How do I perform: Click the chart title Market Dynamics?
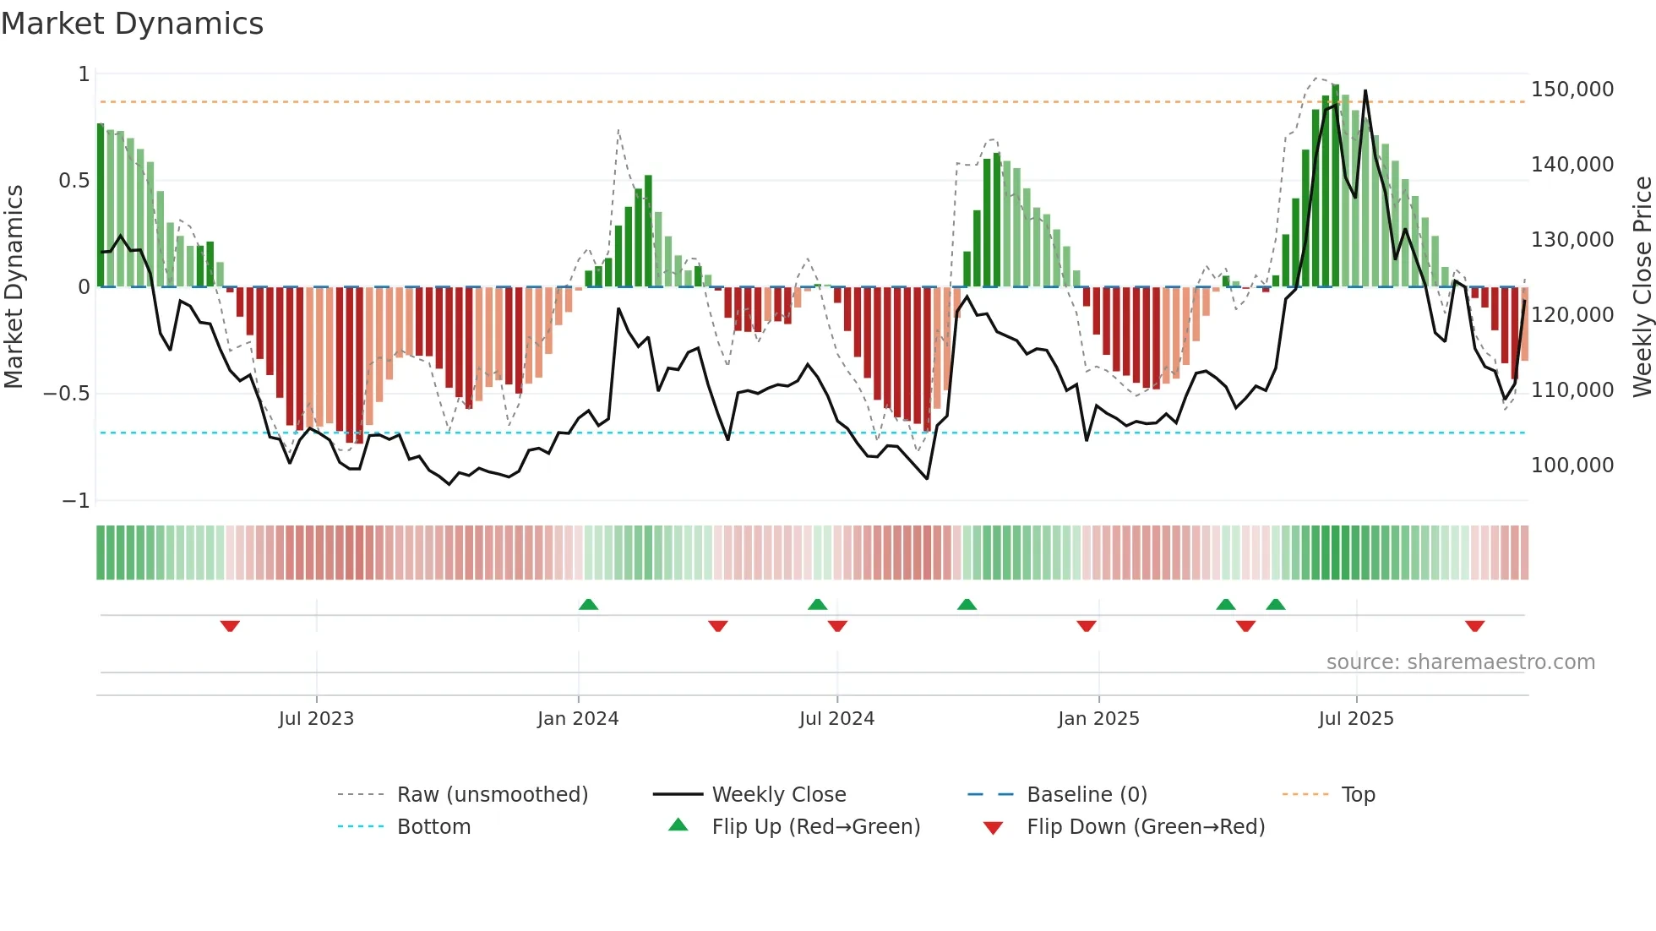[133, 24]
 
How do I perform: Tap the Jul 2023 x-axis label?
[316, 718]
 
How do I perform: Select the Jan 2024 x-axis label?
[578, 718]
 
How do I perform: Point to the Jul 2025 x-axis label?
[1355, 718]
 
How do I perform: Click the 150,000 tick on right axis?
[1572, 90]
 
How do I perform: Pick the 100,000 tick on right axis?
[1572, 465]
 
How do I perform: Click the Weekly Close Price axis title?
[1642, 287]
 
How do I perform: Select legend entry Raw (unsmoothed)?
[492, 794]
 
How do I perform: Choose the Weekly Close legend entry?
[778, 794]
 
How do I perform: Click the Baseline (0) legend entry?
[1087, 794]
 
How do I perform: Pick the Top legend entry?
[1358, 794]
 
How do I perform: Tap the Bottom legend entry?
[433, 826]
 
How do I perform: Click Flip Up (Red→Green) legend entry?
[815, 826]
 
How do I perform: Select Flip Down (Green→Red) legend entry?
[1145, 826]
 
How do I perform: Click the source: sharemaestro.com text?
[1460, 661]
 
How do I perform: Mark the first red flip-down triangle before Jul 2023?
[230, 626]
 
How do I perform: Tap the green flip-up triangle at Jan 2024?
[589, 604]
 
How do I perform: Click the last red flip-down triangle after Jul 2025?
[1474, 626]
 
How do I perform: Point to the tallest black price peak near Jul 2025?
[1365, 91]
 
